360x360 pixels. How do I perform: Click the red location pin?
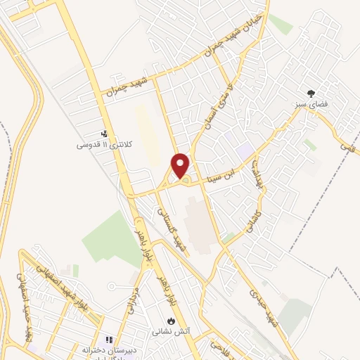[x=181, y=165]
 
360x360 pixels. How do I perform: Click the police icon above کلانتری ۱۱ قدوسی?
[x=104, y=134]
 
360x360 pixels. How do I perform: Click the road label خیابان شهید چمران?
[x=236, y=34]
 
